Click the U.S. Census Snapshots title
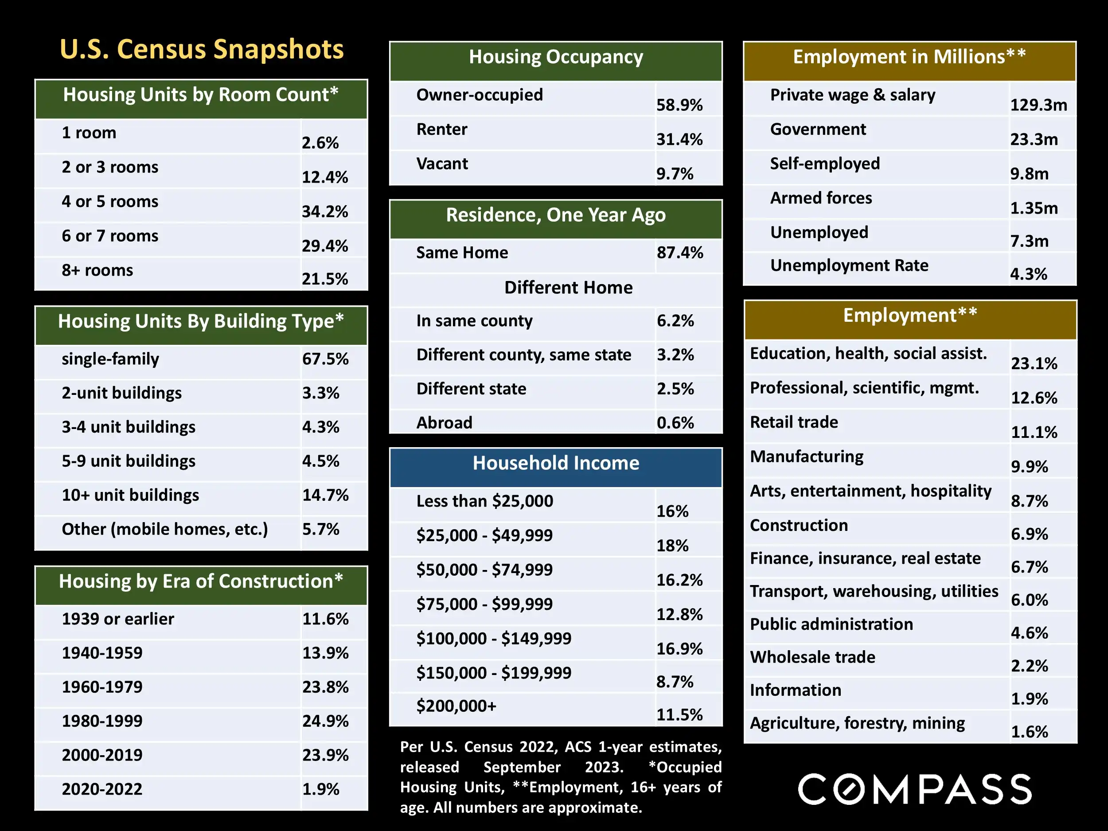click(201, 50)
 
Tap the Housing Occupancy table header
click(555, 57)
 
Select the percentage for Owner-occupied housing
click(679, 105)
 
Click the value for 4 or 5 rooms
click(324, 211)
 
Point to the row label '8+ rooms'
click(97, 270)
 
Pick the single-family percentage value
click(325, 359)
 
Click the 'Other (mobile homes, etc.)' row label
click(165, 529)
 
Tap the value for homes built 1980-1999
click(325, 721)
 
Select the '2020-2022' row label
click(102, 789)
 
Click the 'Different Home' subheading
click(568, 288)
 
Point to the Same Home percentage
click(680, 253)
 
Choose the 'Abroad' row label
click(444, 423)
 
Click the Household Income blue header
click(555, 463)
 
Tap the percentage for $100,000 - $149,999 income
click(679, 649)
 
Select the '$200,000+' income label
click(456, 706)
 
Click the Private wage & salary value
click(1038, 105)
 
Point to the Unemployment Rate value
click(1028, 274)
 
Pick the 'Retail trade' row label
click(794, 422)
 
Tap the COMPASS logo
click(915, 789)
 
